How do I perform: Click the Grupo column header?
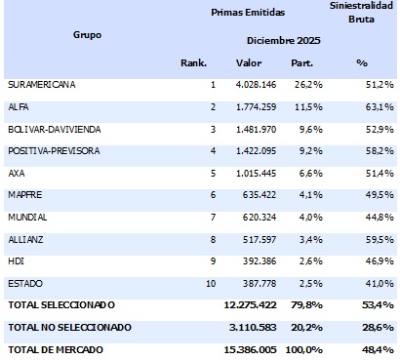click(x=87, y=35)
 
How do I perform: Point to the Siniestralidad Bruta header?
click(x=362, y=12)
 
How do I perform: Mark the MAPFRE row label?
click(x=25, y=194)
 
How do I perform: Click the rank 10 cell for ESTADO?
click(x=210, y=283)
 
